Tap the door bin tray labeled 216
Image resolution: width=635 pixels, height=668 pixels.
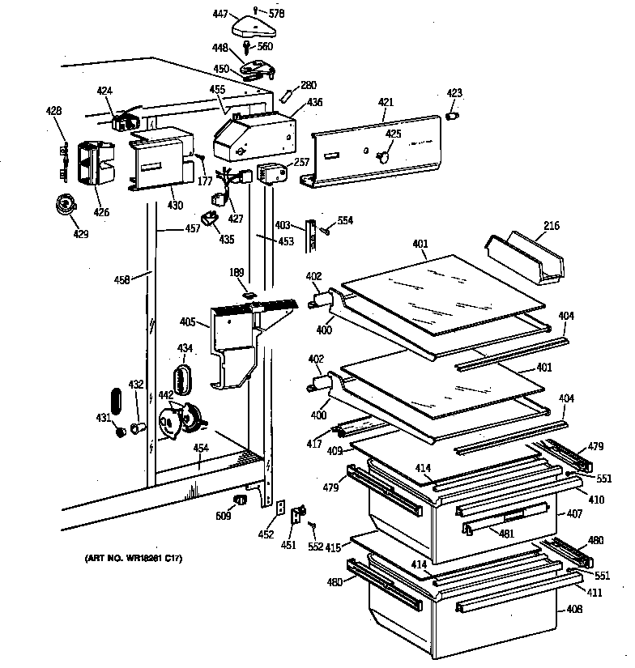(526, 257)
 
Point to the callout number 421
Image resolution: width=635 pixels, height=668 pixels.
(386, 102)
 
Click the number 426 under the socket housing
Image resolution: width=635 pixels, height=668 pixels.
(101, 212)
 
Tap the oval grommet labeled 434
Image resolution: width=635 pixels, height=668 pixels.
(185, 378)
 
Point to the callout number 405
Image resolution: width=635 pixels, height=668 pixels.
(187, 322)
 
